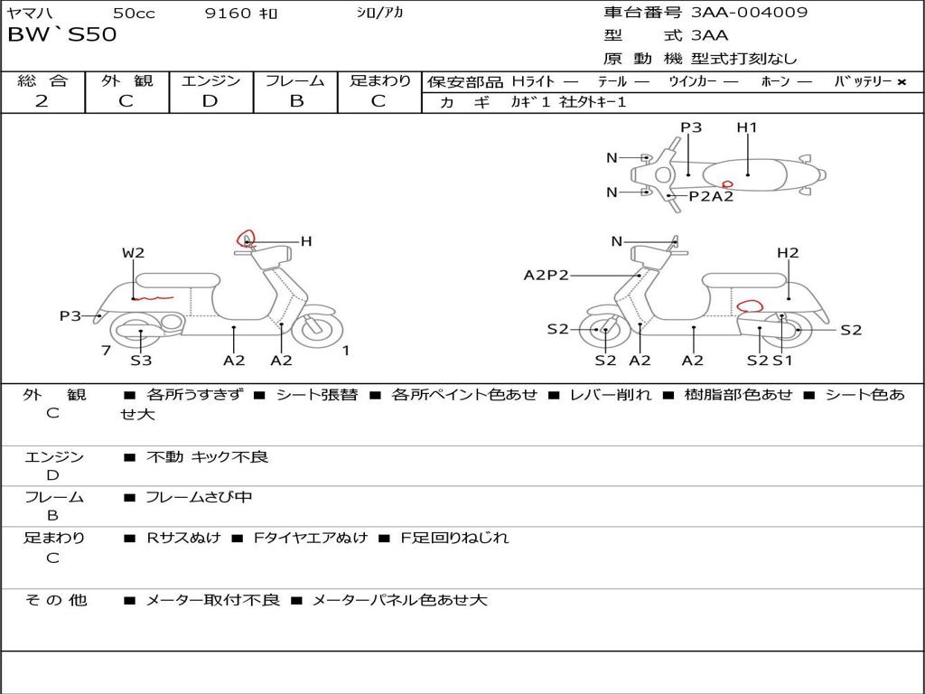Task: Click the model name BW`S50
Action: point(62,35)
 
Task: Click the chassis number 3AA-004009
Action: point(749,13)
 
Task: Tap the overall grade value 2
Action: point(42,101)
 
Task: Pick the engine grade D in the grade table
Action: point(210,101)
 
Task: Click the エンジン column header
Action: point(210,81)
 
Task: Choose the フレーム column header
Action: point(294,81)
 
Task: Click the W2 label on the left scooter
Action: point(134,253)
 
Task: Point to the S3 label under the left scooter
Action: point(141,361)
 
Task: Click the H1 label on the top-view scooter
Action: point(747,127)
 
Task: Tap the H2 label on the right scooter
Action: point(788,253)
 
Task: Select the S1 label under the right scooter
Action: point(782,361)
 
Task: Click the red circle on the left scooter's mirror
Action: point(246,238)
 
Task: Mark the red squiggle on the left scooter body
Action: point(153,296)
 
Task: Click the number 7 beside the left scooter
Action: point(106,350)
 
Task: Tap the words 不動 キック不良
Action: point(208,457)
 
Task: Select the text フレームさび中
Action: point(199,497)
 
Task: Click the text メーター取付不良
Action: point(212,600)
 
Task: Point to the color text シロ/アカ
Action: point(379,13)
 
